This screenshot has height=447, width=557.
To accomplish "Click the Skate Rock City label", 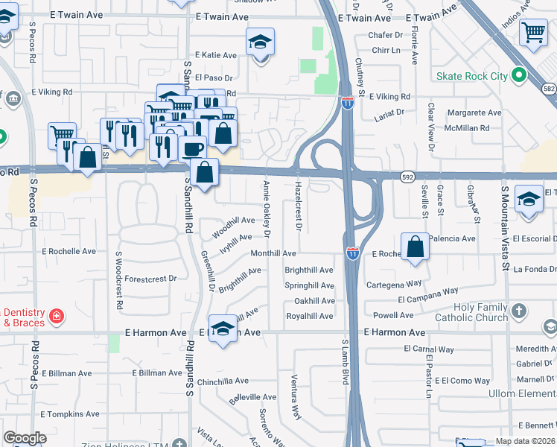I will tap(472, 75).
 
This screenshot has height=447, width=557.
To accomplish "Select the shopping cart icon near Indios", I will tap(534, 32).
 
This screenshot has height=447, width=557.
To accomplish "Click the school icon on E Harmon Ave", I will tap(223, 329).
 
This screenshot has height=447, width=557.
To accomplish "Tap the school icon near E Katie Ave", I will tap(261, 42).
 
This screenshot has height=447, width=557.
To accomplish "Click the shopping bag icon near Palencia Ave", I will tap(415, 247).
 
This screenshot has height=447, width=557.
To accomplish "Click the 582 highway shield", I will tap(550, 89).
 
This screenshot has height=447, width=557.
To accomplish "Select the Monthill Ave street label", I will tap(273, 254).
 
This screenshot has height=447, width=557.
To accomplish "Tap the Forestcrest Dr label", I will tap(150, 279).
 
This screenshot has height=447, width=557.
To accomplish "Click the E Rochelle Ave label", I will tap(69, 251).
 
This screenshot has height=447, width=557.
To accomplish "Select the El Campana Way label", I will tap(427, 298).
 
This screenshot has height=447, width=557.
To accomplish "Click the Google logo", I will tap(25, 439).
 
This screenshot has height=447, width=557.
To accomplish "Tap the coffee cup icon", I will tap(192, 148).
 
